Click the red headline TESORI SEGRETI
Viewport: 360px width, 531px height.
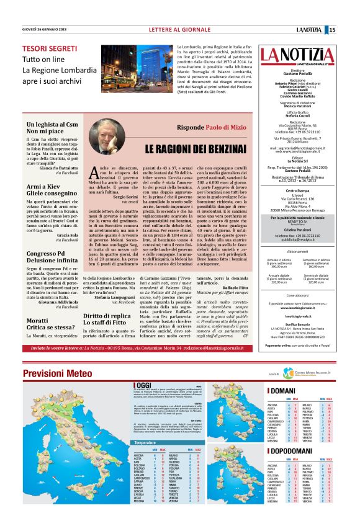click(x=49, y=48)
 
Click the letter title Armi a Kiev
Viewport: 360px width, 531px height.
click(x=42, y=185)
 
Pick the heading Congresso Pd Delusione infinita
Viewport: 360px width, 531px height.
click(x=47, y=257)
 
